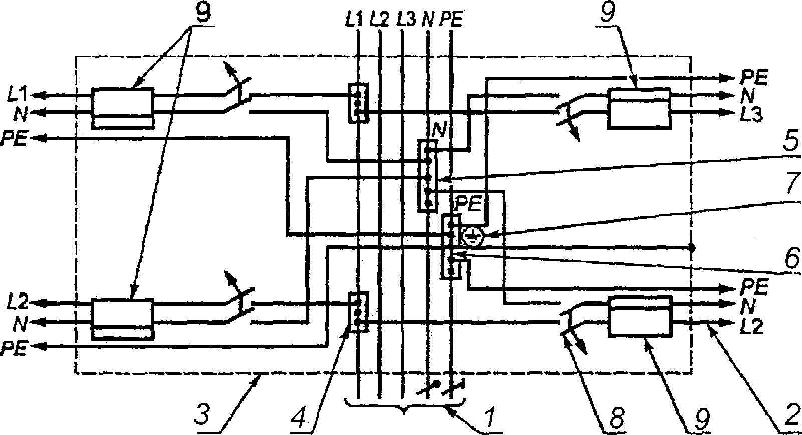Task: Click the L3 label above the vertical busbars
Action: tap(405, 20)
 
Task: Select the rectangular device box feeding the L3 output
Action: tap(640, 108)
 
